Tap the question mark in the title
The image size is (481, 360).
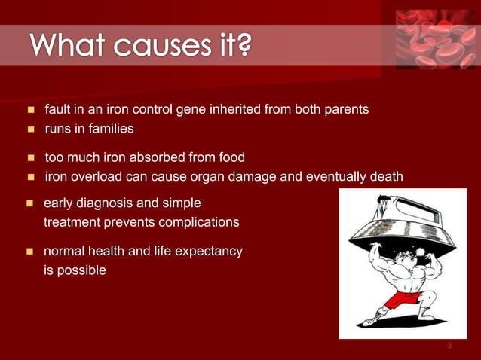[243, 47]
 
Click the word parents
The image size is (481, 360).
[345, 110]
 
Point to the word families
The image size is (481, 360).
[111, 129]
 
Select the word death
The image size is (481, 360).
[384, 177]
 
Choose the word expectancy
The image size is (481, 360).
[208, 251]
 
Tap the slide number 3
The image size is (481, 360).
[449, 346]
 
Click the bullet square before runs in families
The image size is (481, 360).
[31, 130]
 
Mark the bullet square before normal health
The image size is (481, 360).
[31, 252]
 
